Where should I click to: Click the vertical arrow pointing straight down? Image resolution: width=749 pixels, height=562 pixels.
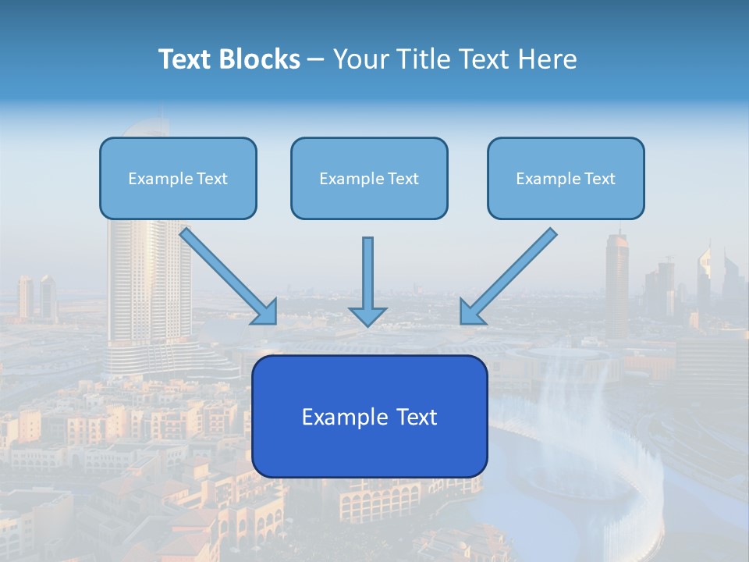point(367,273)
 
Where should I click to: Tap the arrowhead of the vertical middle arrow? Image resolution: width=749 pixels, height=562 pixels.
point(367,315)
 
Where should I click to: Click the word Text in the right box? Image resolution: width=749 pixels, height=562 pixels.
point(599,179)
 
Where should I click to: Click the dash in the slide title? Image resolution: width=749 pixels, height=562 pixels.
point(316,60)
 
